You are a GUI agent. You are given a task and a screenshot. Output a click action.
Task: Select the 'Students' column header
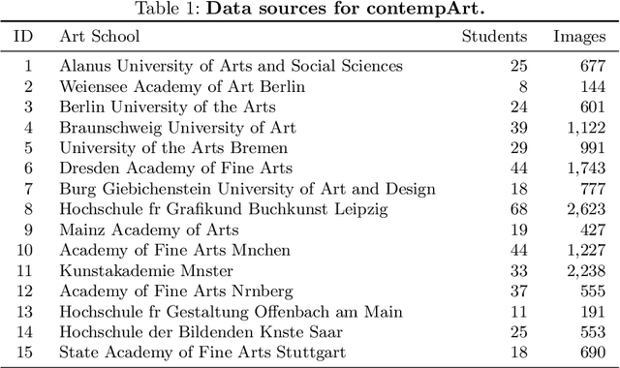pos(494,37)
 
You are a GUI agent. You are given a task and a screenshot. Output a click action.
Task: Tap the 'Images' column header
pos(578,37)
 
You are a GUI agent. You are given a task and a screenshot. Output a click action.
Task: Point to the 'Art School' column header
pos(100,37)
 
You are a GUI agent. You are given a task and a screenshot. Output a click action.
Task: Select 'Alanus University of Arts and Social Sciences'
pos(231,66)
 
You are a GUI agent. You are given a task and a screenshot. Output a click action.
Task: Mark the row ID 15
pos(28,353)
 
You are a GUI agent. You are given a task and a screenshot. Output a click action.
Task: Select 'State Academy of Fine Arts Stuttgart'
pos(187,353)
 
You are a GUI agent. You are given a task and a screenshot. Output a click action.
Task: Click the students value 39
pos(518,127)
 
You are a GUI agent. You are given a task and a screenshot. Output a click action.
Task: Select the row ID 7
pos(28,188)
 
